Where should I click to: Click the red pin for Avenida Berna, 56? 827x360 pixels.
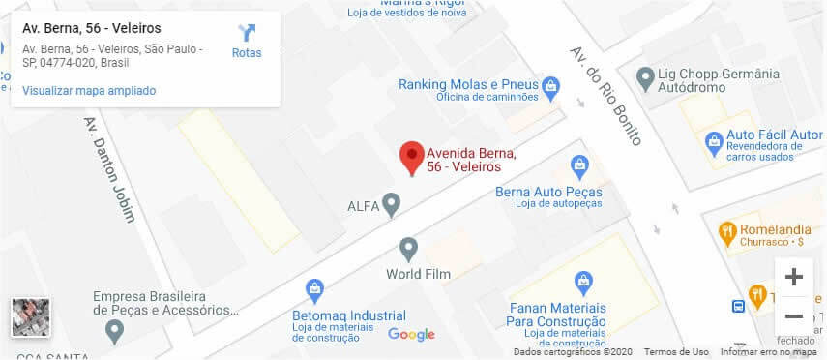point(412,157)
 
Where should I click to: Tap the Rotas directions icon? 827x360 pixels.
point(247,35)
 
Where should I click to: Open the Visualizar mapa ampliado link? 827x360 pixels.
point(89,91)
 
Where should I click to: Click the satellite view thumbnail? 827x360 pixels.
point(30,317)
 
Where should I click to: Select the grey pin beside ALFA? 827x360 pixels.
point(391,204)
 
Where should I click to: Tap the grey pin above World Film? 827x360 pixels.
point(408,250)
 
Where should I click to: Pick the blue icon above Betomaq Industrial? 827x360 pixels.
point(314,288)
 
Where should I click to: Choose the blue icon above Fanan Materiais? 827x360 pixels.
point(583,283)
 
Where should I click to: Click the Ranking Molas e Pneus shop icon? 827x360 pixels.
point(550,85)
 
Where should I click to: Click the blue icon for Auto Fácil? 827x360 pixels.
point(714,140)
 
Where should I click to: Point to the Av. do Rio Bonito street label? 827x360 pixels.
point(605,95)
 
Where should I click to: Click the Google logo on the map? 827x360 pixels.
point(412,335)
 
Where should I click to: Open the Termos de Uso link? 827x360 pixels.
point(676,352)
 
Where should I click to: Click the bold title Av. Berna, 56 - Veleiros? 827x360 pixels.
point(92,29)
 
